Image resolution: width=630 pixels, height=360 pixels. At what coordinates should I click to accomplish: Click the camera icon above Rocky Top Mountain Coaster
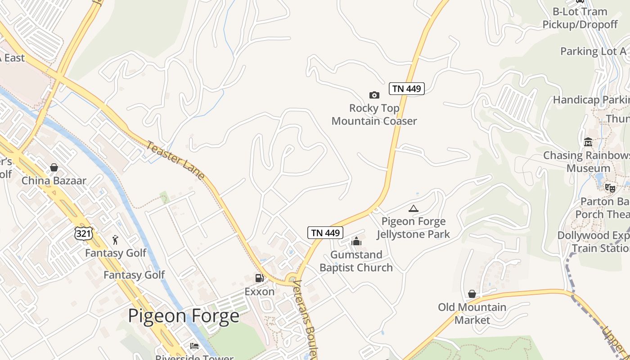[374, 95]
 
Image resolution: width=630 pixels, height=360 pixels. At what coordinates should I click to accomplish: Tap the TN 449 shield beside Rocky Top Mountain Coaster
[406, 89]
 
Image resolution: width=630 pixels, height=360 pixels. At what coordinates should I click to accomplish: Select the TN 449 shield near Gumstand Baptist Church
[325, 233]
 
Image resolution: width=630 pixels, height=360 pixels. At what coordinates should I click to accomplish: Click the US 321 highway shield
[84, 233]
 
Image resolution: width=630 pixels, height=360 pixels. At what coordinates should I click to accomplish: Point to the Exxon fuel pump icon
[259, 279]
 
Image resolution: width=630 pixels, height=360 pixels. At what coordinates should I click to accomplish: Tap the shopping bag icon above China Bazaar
[54, 167]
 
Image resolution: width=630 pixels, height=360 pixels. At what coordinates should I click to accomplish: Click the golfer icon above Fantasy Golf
[116, 239]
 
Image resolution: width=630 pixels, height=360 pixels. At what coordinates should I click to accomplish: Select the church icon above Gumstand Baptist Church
[356, 242]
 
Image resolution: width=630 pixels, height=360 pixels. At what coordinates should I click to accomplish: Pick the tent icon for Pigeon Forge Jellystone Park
[413, 208]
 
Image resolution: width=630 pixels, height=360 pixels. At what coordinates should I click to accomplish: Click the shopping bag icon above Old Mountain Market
[472, 294]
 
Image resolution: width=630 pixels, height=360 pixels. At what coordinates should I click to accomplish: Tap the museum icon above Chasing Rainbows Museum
[588, 142]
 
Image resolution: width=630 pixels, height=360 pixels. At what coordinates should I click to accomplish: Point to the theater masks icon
[610, 188]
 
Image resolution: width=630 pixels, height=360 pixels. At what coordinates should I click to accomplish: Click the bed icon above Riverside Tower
[194, 346]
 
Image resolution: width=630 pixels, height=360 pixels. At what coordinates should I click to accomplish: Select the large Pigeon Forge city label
[184, 315]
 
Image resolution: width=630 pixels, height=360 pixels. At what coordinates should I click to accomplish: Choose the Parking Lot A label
[593, 51]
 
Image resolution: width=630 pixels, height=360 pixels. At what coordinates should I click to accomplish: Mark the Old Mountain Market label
[472, 314]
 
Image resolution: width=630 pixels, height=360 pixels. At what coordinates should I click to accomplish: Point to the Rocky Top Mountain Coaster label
[374, 114]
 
